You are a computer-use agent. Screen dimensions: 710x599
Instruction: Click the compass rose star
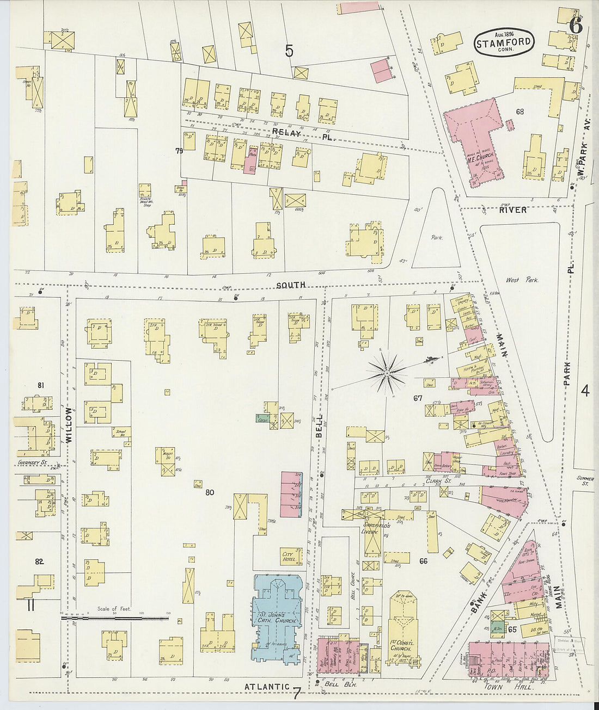(x=386, y=373)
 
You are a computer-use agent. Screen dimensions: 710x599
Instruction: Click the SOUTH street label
(x=290, y=285)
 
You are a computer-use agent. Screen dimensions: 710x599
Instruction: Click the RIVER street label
(x=513, y=210)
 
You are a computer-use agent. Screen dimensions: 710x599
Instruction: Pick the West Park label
(x=522, y=280)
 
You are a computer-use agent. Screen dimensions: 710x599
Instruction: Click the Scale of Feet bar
(x=114, y=618)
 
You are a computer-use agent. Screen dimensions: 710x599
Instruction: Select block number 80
(x=210, y=493)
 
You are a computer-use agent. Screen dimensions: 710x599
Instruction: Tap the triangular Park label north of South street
(x=435, y=237)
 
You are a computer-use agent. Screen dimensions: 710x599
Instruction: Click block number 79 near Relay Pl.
(x=179, y=150)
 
